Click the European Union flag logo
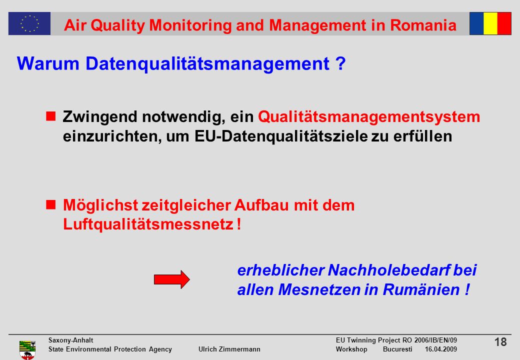(x=29, y=23)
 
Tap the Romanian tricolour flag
(x=490, y=23)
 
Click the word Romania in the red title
(x=423, y=25)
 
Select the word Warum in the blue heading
(x=48, y=63)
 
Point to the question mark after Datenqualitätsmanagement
(x=340, y=63)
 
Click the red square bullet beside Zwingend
(x=50, y=116)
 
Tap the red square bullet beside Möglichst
(x=50, y=204)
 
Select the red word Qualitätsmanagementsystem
(x=369, y=117)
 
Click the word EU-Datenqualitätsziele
(x=281, y=136)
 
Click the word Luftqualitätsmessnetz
(x=148, y=224)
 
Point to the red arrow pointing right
(x=172, y=279)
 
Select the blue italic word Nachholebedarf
(x=389, y=270)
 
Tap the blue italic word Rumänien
(x=421, y=289)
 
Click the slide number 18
(x=500, y=342)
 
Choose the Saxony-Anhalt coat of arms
(x=27, y=350)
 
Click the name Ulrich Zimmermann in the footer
(x=229, y=349)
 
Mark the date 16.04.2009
(x=440, y=349)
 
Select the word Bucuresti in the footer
(x=397, y=349)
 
